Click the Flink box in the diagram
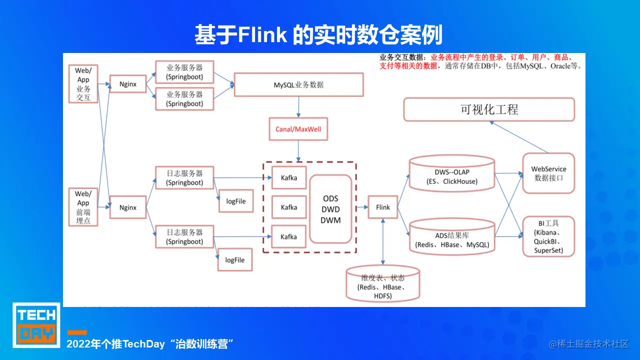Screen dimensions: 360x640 (x=382, y=207)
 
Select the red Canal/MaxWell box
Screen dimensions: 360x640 (x=298, y=129)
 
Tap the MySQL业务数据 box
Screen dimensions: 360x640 (x=298, y=84)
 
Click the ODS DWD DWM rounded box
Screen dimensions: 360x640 (x=330, y=209)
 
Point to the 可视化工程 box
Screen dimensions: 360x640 (x=489, y=109)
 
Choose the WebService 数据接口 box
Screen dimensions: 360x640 (x=548, y=173)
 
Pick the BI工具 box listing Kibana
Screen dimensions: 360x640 (x=548, y=236)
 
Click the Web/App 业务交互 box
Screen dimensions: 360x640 (x=83, y=84)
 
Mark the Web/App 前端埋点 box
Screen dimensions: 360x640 (x=83, y=207)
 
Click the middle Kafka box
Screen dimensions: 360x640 (x=288, y=207)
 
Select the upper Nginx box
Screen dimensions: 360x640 (x=128, y=84)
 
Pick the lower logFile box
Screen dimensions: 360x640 (x=234, y=260)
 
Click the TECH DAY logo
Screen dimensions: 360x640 (x=36, y=324)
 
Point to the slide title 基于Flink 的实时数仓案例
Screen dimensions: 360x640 (x=319, y=35)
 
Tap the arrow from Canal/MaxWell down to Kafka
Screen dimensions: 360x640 (x=298, y=150)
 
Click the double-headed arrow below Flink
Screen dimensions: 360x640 (x=382, y=241)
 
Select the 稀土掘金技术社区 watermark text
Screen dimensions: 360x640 (x=588, y=344)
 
